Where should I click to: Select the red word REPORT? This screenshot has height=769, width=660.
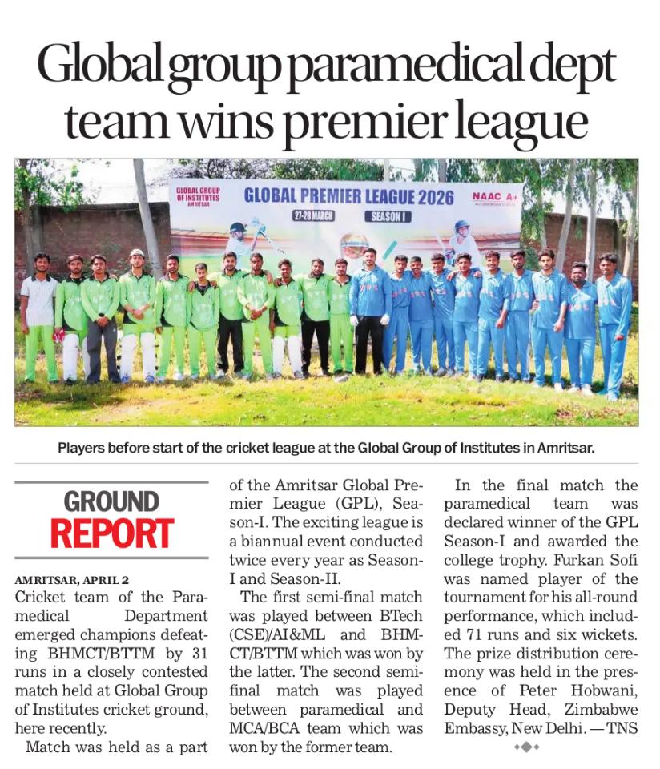[112, 534]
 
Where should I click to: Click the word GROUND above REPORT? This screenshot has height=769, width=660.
[111, 502]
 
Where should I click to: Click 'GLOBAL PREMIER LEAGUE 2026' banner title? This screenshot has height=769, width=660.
[348, 195]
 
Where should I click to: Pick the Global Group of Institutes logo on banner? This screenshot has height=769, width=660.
[197, 196]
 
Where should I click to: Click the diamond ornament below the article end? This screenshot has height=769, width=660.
[527, 747]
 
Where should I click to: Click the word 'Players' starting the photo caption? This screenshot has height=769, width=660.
[82, 448]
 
